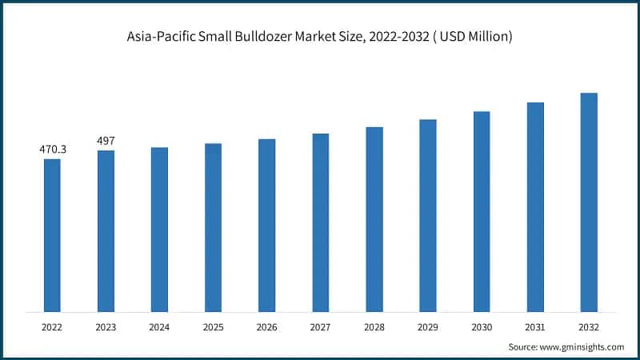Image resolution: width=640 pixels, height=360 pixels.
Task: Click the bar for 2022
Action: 52,235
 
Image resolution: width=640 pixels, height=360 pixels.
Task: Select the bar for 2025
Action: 213,227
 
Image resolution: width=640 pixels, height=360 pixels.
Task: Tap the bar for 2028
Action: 374,219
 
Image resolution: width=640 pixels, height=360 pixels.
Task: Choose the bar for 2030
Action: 482,211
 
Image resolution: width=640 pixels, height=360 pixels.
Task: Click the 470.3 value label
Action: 52,150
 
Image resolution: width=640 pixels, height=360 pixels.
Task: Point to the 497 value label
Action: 106,141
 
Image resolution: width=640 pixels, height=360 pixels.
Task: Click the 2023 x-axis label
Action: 106,326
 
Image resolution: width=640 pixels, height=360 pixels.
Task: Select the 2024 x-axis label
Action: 159,326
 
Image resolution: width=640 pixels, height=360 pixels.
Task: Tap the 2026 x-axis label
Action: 266,326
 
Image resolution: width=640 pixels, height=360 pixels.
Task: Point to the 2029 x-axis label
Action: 428,326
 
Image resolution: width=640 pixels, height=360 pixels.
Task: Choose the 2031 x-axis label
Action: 535,326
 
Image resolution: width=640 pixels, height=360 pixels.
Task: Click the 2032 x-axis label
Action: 589,326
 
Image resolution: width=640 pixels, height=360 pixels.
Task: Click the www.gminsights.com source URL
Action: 582,346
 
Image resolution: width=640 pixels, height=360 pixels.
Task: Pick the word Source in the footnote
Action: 522,346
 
